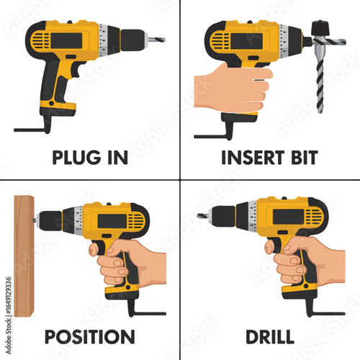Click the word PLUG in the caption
[76, 158]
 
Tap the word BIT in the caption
[305, 158]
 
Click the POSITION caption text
[89, 337]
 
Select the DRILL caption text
[270, 337]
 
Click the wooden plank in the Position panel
[24, 256]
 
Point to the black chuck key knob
[320, 28]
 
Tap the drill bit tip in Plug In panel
[156, 40]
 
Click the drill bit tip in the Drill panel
[203, 215]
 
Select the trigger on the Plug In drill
[78, 70]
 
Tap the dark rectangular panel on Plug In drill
[66, 41]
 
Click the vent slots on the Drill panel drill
[314, 217]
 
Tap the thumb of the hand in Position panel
[95, 249]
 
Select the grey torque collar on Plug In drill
[104, 40]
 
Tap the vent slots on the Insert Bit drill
[219, 41]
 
